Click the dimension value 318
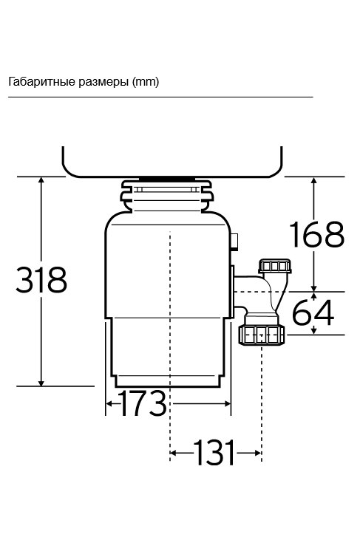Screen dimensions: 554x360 pos(42,281)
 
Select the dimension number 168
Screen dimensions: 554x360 pos(316,234)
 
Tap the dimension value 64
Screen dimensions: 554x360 pos(313,312)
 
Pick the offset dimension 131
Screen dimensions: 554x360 pos(215,452)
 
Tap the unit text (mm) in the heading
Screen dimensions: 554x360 pos(146,81)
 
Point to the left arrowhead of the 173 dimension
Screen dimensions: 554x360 pos(109,404)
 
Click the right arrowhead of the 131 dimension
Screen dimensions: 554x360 pos(257,452)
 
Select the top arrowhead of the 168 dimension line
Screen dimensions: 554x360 pos(316,181)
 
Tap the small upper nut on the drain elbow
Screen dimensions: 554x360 pos(273,266)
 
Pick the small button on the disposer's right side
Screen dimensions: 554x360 pos(235,241)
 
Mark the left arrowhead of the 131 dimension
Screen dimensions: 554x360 pos(174,452)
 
